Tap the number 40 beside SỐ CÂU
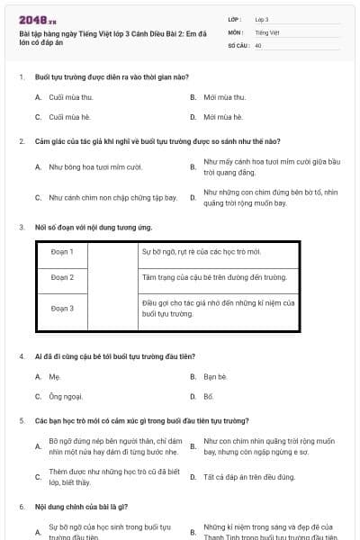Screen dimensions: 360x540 point(258,44)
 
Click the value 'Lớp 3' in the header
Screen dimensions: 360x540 point(262,19)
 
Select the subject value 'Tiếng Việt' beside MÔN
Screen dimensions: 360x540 point(267,31)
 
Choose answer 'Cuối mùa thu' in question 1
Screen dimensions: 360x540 point(71,96)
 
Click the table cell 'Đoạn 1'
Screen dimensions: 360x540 point(62,251)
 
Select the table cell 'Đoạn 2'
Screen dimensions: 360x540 point(62,277)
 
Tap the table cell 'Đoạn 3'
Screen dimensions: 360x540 point(62,309)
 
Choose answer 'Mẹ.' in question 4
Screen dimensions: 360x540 point(55,376)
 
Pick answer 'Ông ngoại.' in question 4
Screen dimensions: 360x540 point(66,397)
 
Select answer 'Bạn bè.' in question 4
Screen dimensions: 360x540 point(215,376)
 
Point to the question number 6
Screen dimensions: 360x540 point(22,507)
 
